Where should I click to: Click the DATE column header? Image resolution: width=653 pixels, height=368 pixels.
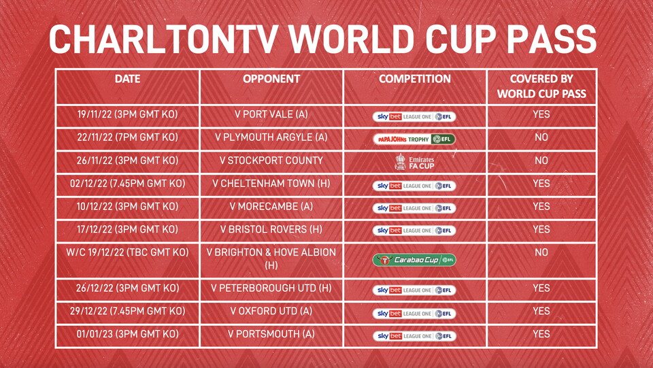coord(127,79)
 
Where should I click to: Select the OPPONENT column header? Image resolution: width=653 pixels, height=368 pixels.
coord(271,79)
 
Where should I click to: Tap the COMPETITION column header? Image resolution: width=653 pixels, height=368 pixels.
coord(415,79)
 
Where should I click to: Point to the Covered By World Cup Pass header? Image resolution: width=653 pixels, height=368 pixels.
coord(541,86)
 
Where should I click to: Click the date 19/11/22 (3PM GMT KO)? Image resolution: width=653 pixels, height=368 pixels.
coord(127,114)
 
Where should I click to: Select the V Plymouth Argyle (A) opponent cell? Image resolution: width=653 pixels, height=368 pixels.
coord(271,137)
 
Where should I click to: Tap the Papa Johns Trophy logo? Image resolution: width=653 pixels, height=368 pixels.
coord(414,139)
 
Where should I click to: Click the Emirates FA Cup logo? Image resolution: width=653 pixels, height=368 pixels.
coord(414,162)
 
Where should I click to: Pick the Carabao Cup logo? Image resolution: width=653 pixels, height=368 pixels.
coord(414,260)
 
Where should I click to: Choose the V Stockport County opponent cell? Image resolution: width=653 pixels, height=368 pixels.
coord(271,161)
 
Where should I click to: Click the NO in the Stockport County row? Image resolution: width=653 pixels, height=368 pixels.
coord(541,161)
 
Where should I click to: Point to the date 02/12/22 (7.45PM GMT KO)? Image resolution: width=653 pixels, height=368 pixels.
coord(127,183)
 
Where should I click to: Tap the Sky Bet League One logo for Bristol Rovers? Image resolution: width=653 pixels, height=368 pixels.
coord(414,231)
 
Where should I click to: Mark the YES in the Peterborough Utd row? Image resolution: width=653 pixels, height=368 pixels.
coord(541,288)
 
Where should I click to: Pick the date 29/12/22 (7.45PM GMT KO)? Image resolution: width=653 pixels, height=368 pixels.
coord(127,311)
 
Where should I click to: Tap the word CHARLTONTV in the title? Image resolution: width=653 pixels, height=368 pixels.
coord(164,39)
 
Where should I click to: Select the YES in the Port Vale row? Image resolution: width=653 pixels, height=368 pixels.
coord(541,114)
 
